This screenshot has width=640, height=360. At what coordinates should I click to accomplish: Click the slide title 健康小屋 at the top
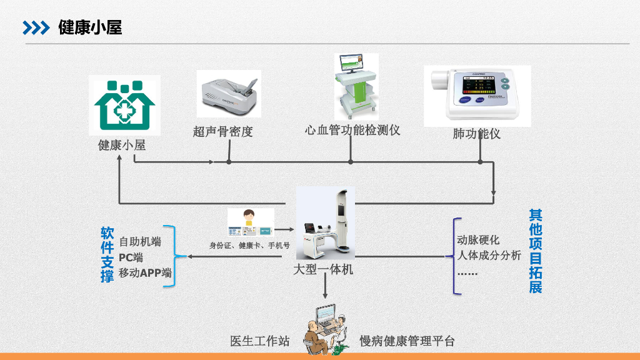click(90, 27)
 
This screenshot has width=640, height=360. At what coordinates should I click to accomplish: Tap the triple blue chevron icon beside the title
click(36, 27)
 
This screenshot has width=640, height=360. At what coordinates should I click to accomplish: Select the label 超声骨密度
click(223, 132)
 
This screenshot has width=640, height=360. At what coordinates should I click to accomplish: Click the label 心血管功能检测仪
click(352, 130)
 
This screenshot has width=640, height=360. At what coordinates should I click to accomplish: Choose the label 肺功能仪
click(476, 134)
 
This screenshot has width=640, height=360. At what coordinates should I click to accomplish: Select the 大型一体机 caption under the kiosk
click(323, 270)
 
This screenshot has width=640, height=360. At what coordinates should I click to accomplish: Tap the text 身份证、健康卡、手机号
click(249, 246)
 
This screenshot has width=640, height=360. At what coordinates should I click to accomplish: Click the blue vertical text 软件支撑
click(107, 254)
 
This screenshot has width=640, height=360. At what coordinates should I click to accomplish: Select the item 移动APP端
click(145, 272)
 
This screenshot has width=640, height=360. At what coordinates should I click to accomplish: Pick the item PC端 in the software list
click(131, 257)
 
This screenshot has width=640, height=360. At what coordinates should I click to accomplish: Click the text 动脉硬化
click(478, 240)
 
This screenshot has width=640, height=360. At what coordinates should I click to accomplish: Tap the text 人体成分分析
click(489, 255)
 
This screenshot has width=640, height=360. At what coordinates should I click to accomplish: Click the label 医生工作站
click(259, 341)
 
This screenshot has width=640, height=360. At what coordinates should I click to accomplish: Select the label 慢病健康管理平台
click(407, 341)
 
